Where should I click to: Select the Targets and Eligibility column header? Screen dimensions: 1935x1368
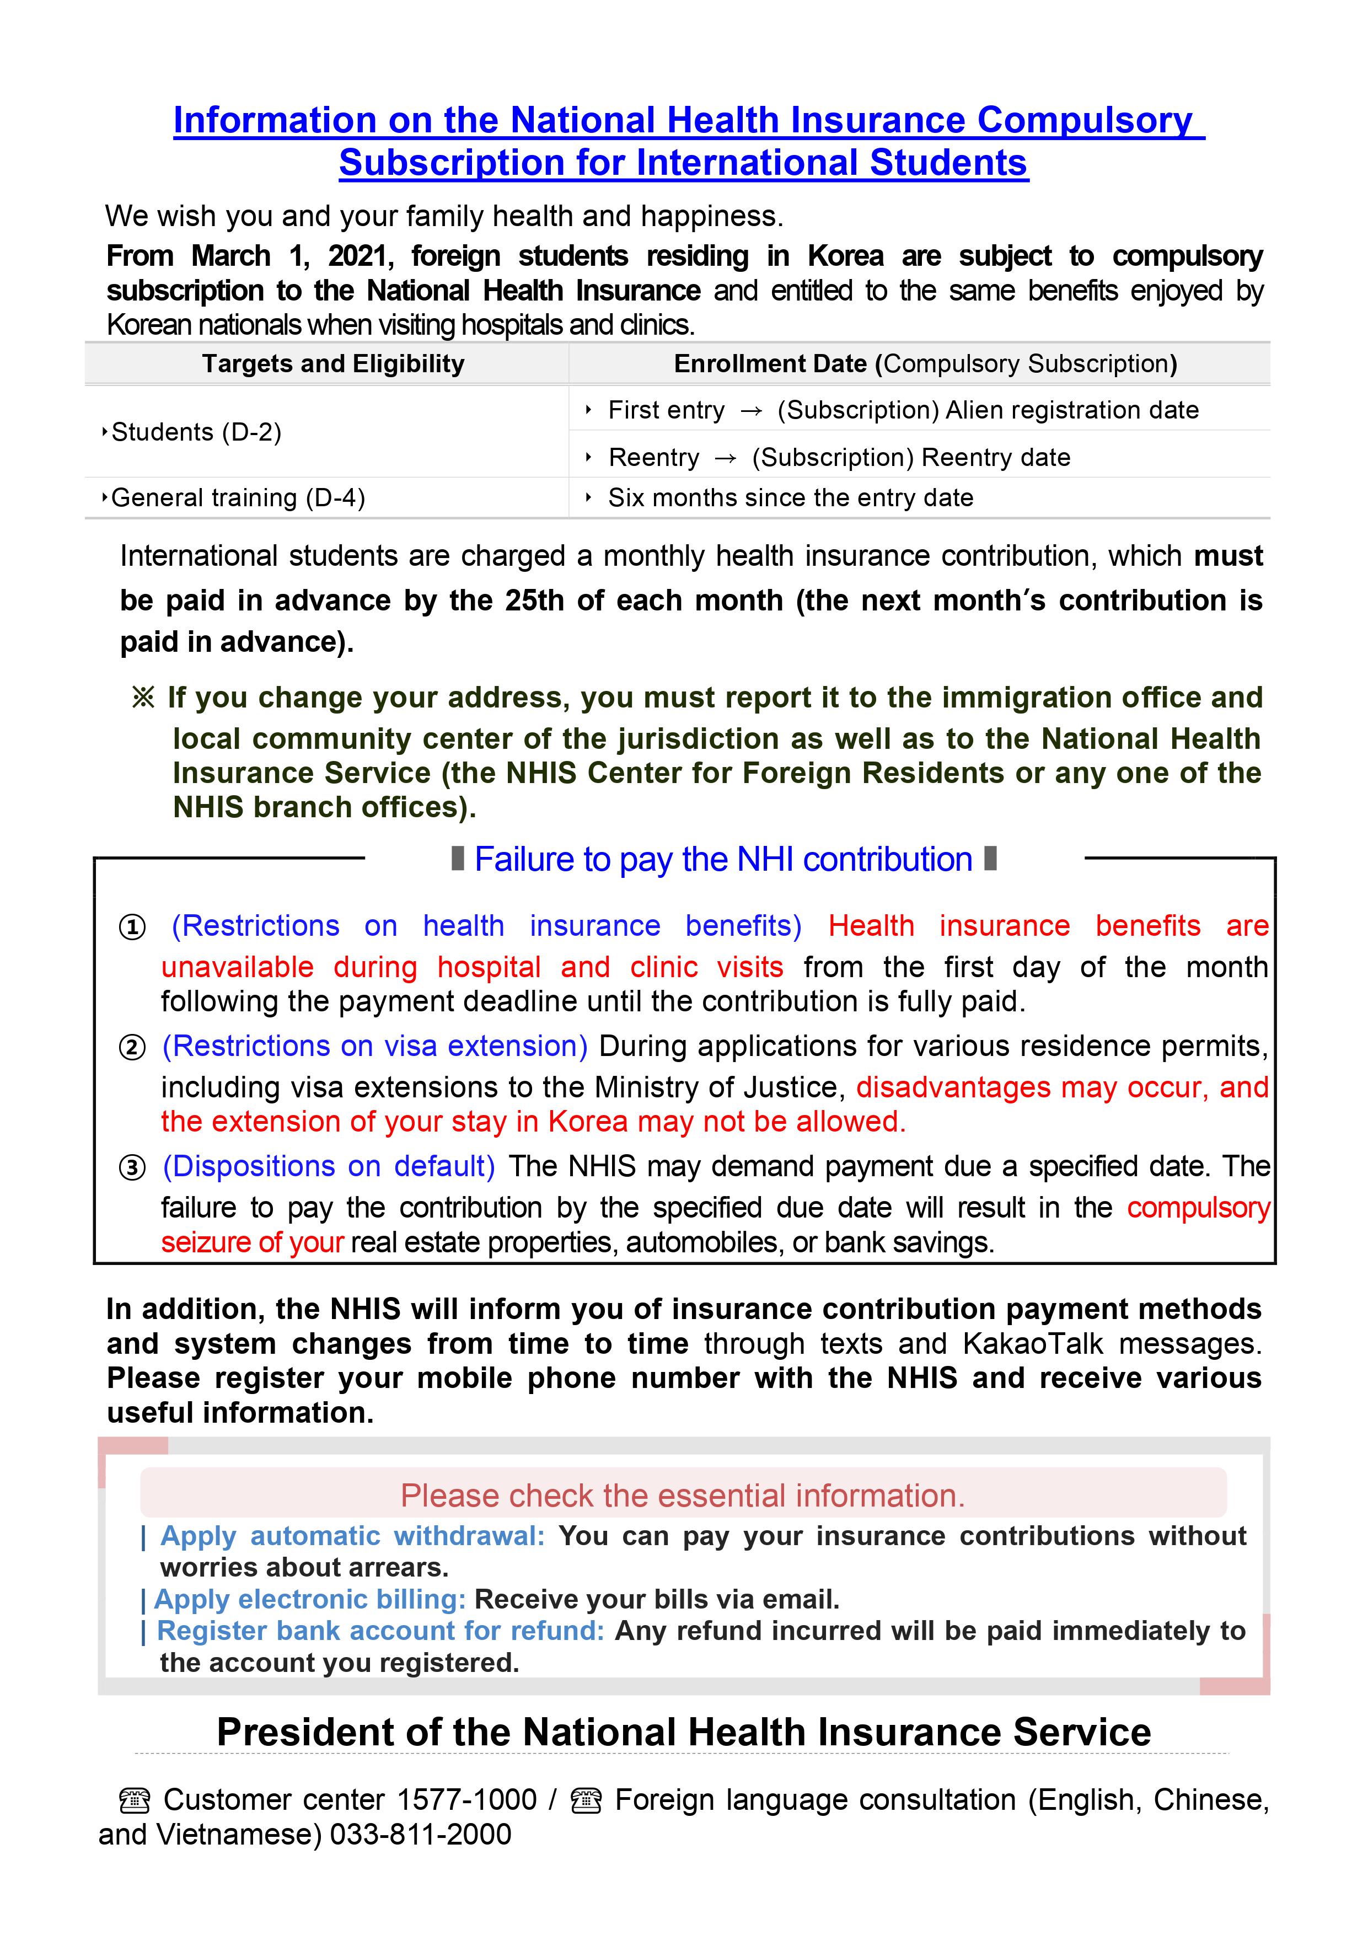(333, 364)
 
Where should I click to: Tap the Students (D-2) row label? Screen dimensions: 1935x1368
(196, 432)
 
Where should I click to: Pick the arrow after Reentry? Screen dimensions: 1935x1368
(725, 458)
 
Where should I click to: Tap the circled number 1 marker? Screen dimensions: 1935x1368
(132, 927)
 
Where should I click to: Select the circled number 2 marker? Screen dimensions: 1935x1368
(132, 1048)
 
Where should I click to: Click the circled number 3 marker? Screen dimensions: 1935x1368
(132, 1168)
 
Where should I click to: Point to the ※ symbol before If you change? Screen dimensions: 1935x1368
(143, 698)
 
